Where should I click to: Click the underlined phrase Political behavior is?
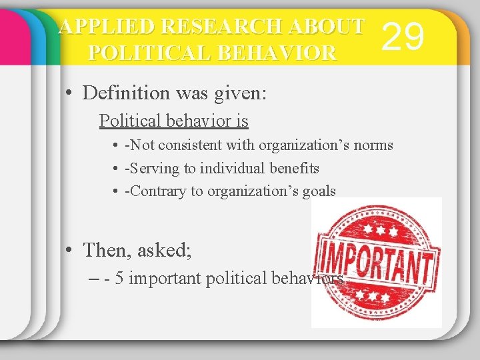coord(173,121)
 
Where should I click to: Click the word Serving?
coord(155,169)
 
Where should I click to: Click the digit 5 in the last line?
coord(119,279)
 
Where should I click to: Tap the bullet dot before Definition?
coord(69,93)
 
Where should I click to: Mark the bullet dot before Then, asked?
coord(69,251)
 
